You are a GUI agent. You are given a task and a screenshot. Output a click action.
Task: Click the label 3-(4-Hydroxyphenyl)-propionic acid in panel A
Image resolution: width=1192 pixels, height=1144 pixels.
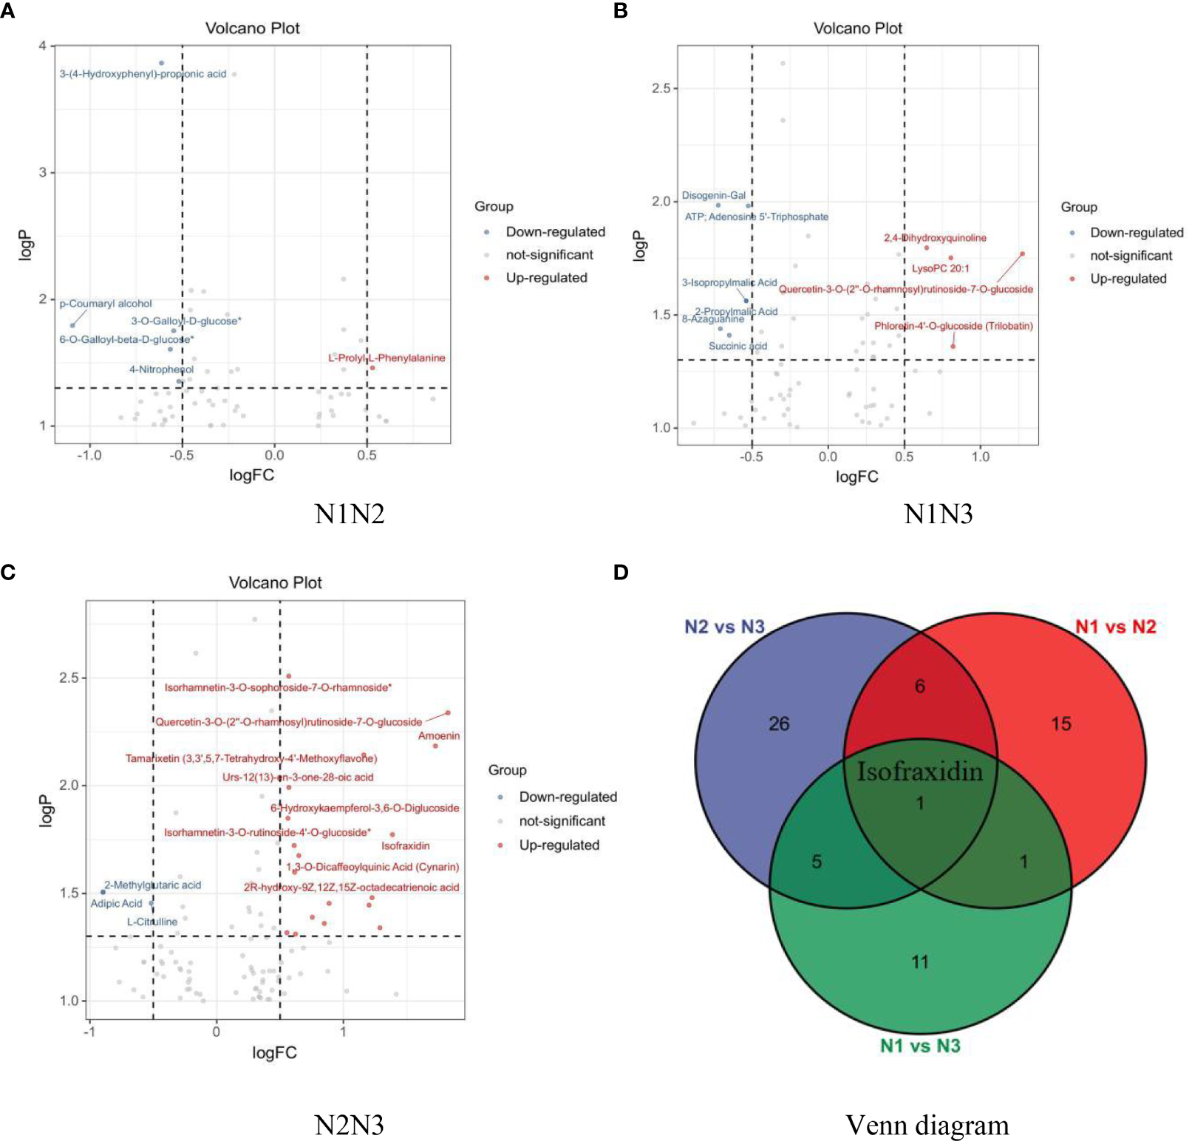[x=143, y=74]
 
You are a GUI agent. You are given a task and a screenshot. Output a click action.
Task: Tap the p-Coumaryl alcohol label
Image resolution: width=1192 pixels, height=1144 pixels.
[x=106, y=304]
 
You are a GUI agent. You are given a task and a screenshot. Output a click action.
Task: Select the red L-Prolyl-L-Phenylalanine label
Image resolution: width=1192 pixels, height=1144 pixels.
[x=386, y=358]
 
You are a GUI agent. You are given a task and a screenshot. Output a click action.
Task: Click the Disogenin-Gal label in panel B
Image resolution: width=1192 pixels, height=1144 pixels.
[x=713, y=195]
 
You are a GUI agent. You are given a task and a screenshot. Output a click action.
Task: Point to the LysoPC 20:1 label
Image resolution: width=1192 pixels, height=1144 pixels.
[x=940, y=268]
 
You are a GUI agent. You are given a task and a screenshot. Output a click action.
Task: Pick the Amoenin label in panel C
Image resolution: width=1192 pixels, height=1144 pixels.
[x=439, y=735]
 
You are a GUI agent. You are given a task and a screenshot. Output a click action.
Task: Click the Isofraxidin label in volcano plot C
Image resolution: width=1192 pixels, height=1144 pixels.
[x=405, y=845]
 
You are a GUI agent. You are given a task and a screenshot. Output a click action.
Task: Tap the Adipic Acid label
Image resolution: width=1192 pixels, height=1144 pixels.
[x=116, y=903]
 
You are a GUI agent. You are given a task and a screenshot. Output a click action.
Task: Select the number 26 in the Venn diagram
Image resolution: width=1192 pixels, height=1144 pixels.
[x=779, y=723]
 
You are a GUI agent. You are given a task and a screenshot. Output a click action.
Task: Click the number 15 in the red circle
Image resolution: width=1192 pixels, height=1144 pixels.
[x=1060, y=723]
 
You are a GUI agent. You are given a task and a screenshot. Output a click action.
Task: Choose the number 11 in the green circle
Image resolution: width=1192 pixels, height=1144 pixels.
[x=919, y=961]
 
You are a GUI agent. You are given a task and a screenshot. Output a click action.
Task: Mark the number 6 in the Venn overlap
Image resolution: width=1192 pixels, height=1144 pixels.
[x=919, y=686]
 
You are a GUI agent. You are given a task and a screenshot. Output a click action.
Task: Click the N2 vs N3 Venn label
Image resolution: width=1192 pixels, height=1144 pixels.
[x=724, y=627]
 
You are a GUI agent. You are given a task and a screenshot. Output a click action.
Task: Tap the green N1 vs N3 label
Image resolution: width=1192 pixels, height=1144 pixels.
[x=919, y=1046]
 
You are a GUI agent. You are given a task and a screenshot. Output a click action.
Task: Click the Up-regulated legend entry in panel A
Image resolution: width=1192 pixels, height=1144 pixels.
[x=546, y=278]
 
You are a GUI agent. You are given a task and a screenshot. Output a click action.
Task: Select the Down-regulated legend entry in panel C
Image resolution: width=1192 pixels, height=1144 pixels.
[x=568, y=797]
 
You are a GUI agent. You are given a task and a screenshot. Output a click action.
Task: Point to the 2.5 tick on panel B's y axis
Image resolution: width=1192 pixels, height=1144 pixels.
[x=661, y=89]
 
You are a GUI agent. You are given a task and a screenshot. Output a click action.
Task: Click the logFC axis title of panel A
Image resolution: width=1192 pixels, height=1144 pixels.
[x=251, y=475]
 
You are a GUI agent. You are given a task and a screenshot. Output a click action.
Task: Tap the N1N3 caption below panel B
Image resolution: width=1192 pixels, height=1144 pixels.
[x=938, y=514]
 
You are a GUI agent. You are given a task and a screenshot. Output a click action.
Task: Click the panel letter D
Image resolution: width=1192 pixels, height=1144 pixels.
[x=621, y=572]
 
